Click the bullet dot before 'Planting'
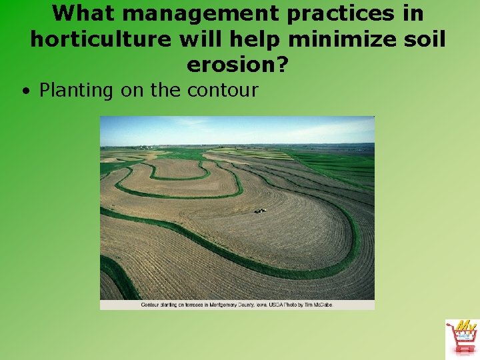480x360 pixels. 25,91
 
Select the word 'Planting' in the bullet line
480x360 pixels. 77,90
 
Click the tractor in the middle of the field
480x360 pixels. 260,211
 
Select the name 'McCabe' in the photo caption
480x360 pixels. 322,305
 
